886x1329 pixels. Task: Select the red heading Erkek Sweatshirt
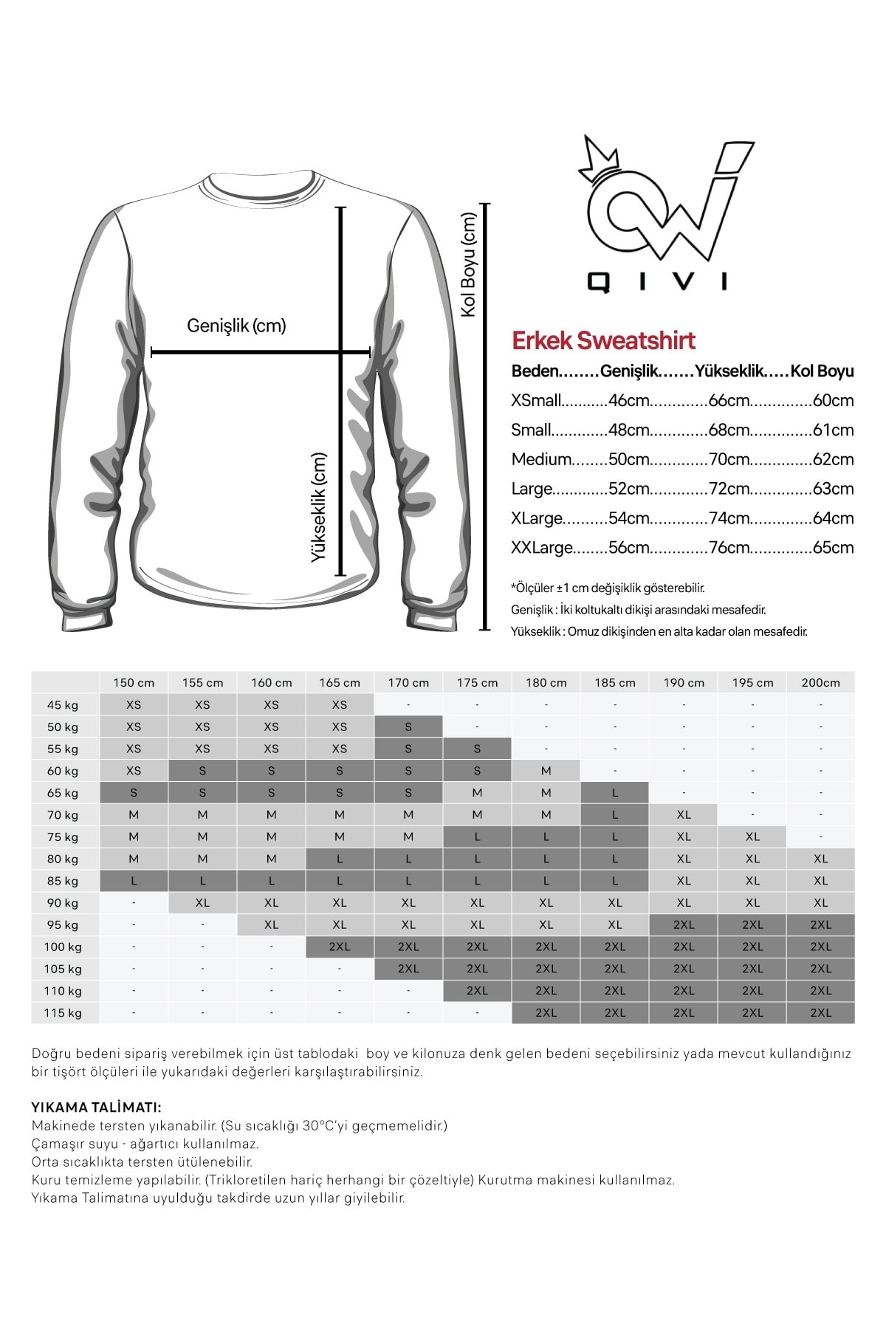point(603,340)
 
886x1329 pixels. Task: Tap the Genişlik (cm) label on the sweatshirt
point(236,326)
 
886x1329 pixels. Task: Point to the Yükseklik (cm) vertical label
point(318,507)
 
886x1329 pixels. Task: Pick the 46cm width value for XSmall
point(628,401)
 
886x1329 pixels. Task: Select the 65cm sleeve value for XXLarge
point(833,548)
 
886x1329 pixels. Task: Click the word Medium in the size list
point(541,459)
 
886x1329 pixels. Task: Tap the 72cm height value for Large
point(729,489)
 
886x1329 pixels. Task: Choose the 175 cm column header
point(477,683)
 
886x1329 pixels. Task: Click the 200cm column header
point(820,683)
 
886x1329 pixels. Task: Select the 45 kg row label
point(63,705)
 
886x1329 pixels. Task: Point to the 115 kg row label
point(63,1013)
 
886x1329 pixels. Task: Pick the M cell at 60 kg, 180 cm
point(546,771)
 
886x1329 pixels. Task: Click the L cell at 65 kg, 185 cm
point(614,793)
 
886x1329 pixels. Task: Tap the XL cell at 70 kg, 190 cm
point(683,815)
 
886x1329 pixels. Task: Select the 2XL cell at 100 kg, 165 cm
point(340,947)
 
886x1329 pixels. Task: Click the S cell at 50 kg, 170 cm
point(408,727)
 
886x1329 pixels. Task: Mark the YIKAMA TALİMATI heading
point(97,1107)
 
